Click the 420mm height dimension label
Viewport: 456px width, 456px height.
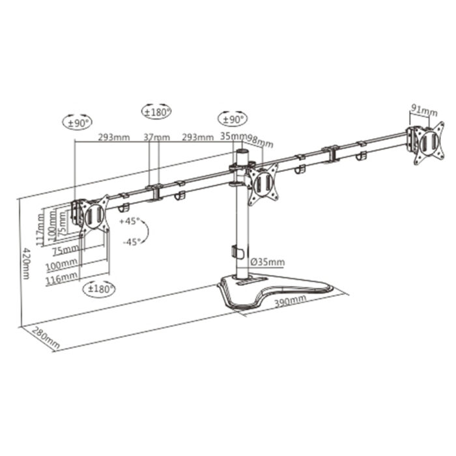pyautogui.click(x=25, y=263)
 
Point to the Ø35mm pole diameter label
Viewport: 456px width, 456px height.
pyautogui.click(x=267, y=262)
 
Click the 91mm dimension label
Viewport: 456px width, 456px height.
pyautogui.click(x=424, y=110)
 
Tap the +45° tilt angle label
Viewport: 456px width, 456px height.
pyautogui.click(x=130, y=222)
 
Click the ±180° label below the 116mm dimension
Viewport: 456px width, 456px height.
pyautogui.click(x=100, y=288)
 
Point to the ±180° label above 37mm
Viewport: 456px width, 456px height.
pyautogui.click(x=156, y=112)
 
